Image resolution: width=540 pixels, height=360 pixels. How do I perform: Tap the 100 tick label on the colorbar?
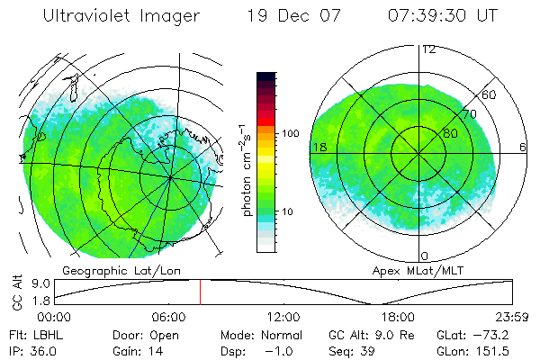(x=290, y=132)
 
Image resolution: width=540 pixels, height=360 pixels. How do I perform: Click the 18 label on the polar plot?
(x=318, y=147)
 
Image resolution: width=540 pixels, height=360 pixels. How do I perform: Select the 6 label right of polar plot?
(x=522, y=147)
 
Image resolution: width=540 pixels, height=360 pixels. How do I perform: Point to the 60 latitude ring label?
(x=489, y=94)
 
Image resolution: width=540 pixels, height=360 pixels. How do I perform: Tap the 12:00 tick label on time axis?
(x=283, y=316)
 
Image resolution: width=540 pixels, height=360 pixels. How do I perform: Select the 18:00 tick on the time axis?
(x=399, y=316)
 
